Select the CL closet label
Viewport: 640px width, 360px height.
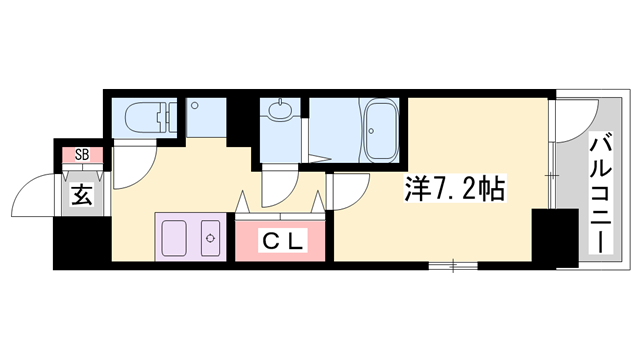point(283,240)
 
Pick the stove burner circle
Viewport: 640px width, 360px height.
point(211,238)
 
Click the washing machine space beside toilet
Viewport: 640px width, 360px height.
point(206,118)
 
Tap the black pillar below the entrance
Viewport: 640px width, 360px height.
point(72,245)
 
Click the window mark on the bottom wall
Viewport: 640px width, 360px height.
point(456,265)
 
